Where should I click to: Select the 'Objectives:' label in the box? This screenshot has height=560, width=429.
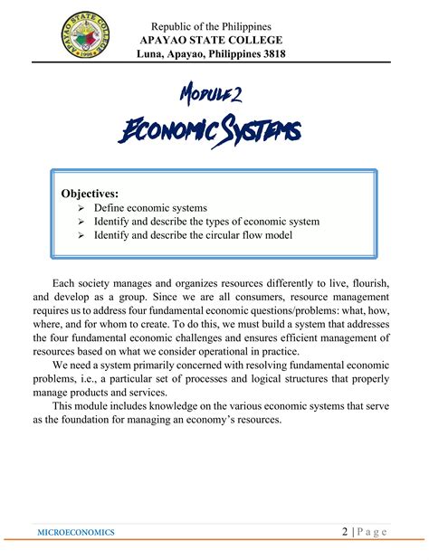point(90,193)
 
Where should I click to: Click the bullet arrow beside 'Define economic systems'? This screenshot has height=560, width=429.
point(81,208)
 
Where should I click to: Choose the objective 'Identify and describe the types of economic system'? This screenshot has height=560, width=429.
point(199,222)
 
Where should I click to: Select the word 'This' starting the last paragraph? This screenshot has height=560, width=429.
point(64,407)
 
